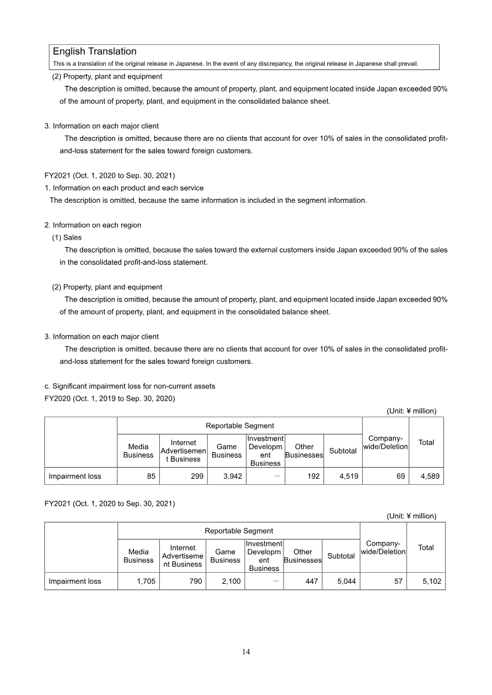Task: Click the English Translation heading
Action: (x=95, y=52)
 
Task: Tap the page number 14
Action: (x=246, y=652)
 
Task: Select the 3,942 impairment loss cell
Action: (x=227, y=476)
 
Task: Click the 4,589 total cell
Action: (x=426, y=476)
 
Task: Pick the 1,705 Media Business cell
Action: (x=138, y=581)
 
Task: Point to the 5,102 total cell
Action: (x=426, y=581)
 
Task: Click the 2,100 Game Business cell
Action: (x=226, y=581)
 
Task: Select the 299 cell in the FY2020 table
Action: (x=181, y=476)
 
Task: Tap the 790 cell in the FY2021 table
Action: (x=181, y=581)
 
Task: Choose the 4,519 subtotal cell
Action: (x=343, y=476)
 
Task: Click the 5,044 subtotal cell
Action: (x=342, y=581)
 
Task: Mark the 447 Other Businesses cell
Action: (x=303, y=581)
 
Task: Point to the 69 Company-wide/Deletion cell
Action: (x=386, y=476)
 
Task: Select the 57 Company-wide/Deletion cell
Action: (x=384, y=581)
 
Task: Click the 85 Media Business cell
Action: (x=138, y=476)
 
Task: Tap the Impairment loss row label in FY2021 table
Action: (x=75, y=581)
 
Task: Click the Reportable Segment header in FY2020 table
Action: (x=240, y=425)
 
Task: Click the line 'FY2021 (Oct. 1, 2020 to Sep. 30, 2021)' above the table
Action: (x=110, y=503)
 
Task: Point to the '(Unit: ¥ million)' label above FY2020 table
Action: (x=411, y=410)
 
